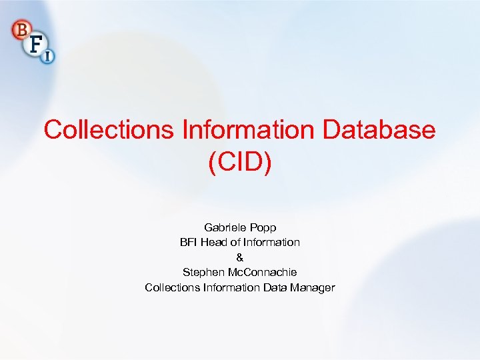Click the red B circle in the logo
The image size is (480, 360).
point(20,29)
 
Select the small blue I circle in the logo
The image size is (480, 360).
point(48,57)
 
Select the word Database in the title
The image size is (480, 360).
point(379,129)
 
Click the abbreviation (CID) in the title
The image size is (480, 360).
point(240,162)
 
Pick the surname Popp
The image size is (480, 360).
point(263,227)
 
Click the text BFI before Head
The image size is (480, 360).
point(190,242)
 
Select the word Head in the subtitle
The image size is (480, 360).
point(216,242)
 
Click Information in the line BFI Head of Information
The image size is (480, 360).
point(273,242)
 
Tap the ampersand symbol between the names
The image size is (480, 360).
point(240,257)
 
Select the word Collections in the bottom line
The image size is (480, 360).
point(172,287)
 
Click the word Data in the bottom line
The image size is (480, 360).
point(275,287)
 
